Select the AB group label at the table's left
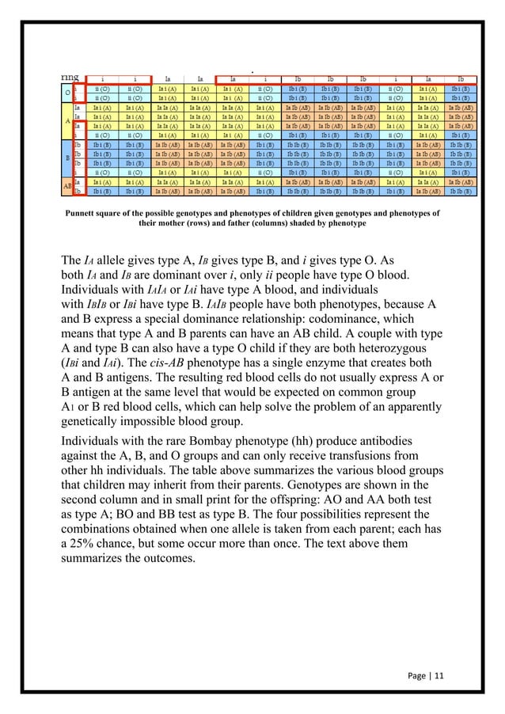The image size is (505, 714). coord(66,187)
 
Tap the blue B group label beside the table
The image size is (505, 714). coord(66,158)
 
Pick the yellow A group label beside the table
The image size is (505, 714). coord(66,120)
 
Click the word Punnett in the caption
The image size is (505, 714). coord(85,213)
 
